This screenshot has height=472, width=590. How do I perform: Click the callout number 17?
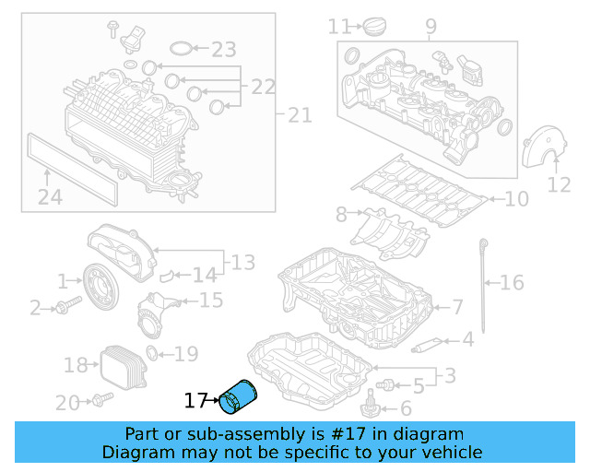click(x=195, y=401)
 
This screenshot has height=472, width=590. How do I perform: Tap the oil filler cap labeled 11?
click(x=375, y=29)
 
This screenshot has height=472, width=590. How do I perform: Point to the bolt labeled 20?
click(x=100, y=400)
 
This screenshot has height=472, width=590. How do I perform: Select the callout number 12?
click(x=560, y=184)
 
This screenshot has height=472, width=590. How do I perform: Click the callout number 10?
click(x=516, y=198)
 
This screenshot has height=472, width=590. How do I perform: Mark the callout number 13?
click(x=242, y=264)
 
